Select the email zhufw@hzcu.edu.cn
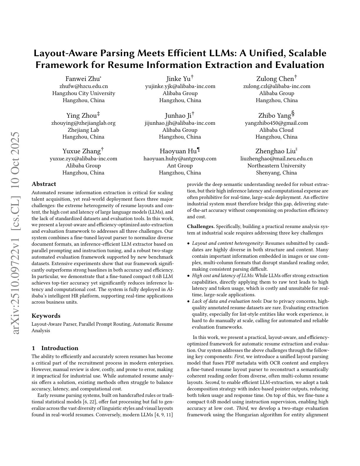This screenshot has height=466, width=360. [84, 86]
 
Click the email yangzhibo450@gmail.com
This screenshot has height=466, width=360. [276, 123]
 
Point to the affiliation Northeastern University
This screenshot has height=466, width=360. [276, 166]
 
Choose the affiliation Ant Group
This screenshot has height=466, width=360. [180, 166]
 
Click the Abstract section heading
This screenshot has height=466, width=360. [44, 184]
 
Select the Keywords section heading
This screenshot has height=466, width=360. [46, 316]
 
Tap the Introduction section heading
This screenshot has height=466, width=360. [60, 348]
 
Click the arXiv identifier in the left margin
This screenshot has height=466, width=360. [16, 233]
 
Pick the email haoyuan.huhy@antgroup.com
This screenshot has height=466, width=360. [180, 159]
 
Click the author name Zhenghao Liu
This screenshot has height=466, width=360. [275, 151]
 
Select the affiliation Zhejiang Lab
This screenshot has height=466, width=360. [83, 130]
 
